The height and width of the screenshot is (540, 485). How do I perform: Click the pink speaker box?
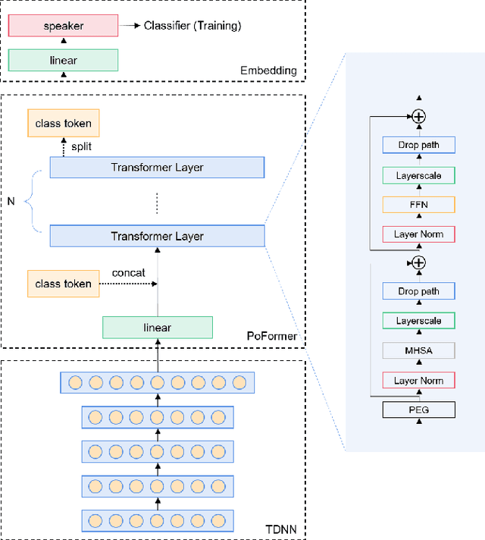(64, 26)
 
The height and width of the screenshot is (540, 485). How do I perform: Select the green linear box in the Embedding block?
(64, 60)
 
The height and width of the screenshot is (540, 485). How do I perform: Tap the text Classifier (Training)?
(192, 26)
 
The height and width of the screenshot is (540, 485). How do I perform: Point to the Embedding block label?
(268, 71)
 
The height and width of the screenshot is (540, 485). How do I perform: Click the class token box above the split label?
(63, 123)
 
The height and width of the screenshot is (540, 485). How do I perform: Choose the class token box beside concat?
(63, 284)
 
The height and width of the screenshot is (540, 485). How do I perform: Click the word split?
(81, 146)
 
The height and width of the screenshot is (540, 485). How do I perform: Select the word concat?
(128, 272)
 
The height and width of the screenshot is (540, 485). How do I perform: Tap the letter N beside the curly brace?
(11, 202)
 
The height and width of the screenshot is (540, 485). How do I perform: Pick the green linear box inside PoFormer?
(157, 328)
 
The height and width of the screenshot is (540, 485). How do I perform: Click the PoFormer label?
(271, 335)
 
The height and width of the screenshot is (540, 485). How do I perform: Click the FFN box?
(418, 204)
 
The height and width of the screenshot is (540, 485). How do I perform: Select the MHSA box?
(418, 350)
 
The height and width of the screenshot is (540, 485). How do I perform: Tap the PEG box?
(418, 410)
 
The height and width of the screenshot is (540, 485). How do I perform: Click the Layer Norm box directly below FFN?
(418, 234)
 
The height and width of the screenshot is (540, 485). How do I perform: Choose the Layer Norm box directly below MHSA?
(418, 380)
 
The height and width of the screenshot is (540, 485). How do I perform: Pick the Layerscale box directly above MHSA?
(418, 321)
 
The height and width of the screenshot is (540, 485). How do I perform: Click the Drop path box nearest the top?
(418, 145)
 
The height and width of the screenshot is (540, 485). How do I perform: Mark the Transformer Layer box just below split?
(157, 168)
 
